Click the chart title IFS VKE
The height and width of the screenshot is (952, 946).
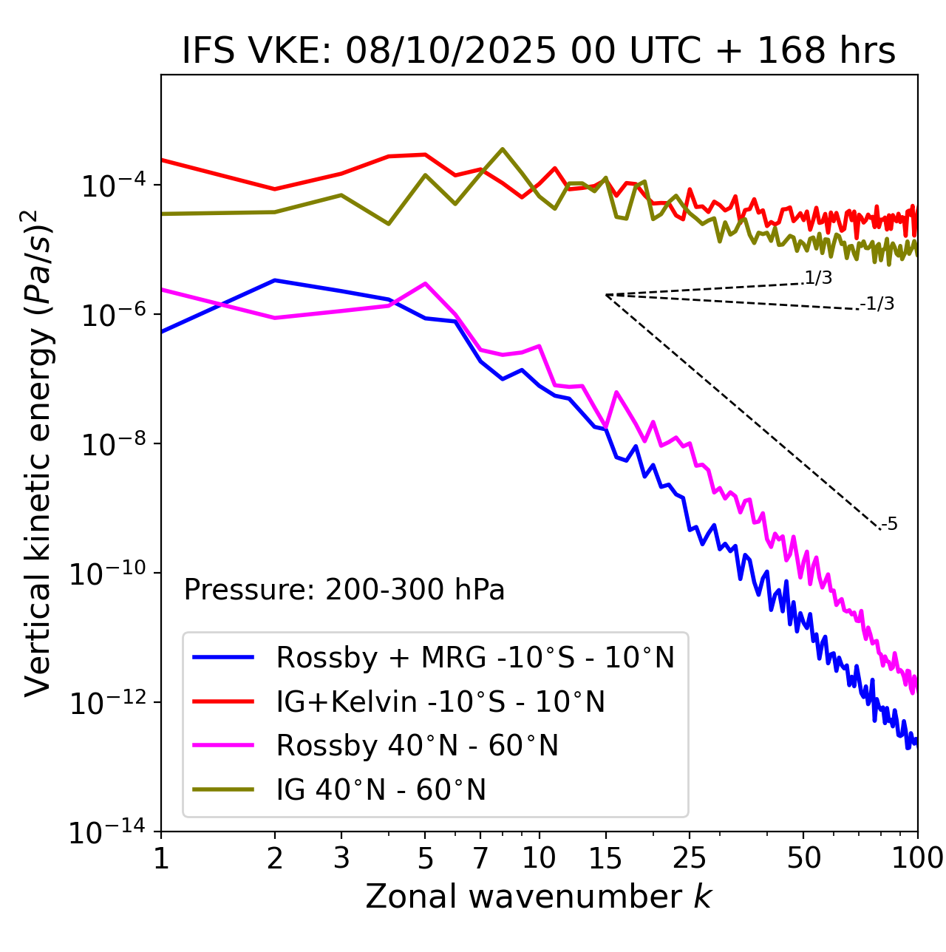click(538, 51)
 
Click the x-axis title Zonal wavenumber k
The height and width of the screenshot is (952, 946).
click(538, 897)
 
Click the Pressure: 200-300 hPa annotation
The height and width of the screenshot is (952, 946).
click(344, 590)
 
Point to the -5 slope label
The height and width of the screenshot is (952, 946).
click(890, 524)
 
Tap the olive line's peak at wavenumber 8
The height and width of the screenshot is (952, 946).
click(503, 149)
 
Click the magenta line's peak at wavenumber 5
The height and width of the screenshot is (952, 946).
click(425, 283)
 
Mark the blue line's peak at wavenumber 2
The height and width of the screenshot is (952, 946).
click(275, 280)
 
